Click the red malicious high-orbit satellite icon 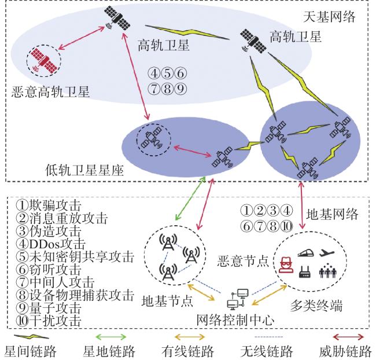[43, 61]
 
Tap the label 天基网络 [329, 17]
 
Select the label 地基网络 [332, 214]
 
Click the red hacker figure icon [286, 265]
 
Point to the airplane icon [327, 252]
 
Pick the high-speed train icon [305, 253]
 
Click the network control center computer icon [238, 299]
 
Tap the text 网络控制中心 [235, 320]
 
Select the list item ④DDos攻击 [50, 244]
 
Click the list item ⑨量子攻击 [49, 308]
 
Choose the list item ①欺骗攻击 [49, 205]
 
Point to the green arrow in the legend [111, 337]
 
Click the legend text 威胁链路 [345, 351]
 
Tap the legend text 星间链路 [30, 351]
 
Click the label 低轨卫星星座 [84, 171]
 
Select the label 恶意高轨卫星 [50, 92]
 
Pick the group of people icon [327, 271]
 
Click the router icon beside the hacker [305, 272]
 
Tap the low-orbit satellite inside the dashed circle [152, 139]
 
